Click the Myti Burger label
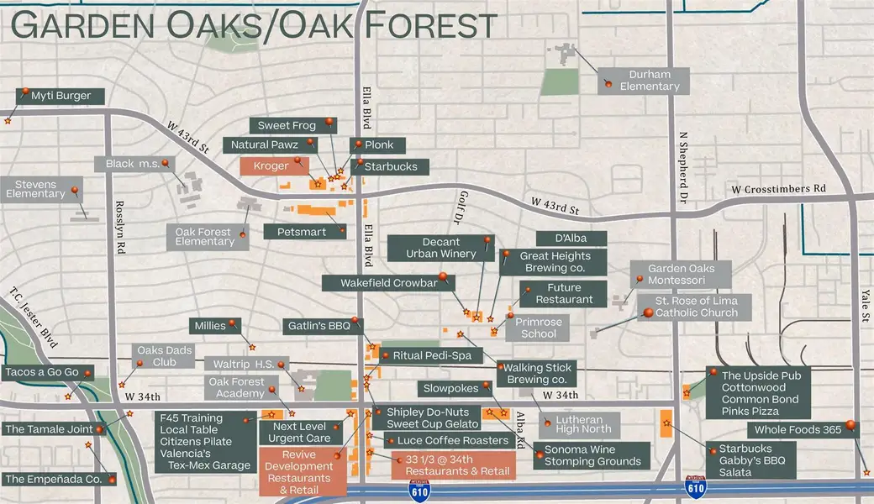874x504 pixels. pyautogui.click(x=61, y=96)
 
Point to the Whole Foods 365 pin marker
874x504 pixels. pyautogui.click(x=850, y=425)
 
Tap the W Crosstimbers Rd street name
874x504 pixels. pyautogui.click(x=778, y=188)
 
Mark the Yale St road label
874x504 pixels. pyautogui.click(x=865, y=301)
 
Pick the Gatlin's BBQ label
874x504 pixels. pyautogui.click(x=316, y=326)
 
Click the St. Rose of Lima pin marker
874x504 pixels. pyautogui.click(x=647, y=313)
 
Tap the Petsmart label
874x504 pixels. pyautogui.click(x=295, y=231)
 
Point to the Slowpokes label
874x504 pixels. pyautogui.click(x=450, y=388)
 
